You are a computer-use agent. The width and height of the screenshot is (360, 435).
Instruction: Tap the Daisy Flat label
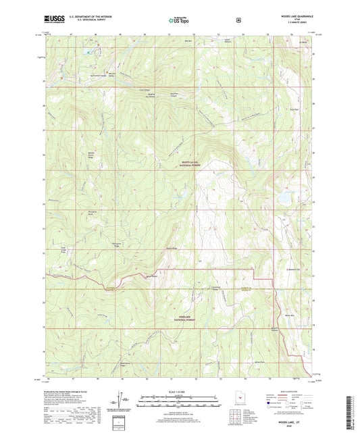294,108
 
